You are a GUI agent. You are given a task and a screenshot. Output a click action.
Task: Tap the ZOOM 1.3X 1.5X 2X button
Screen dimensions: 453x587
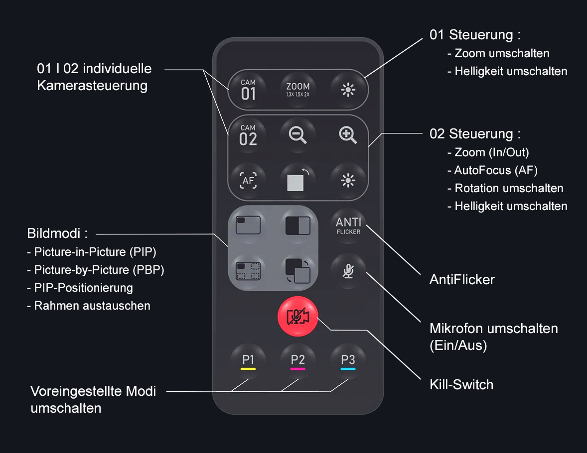tap(298, 90)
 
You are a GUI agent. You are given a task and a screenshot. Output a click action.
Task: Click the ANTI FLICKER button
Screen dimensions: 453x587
tap(348, 225)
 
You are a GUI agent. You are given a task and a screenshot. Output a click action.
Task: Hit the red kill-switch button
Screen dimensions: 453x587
tap(297, 317)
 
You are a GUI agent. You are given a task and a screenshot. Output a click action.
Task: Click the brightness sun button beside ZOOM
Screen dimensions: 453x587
tap(348, 90)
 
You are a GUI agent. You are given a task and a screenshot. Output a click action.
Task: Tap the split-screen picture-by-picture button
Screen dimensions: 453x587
tap(297, 226)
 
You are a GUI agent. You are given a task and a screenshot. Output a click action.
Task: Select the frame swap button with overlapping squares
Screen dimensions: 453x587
tap(297, 270)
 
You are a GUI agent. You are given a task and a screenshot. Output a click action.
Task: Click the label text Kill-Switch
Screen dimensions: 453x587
tap(461, 384)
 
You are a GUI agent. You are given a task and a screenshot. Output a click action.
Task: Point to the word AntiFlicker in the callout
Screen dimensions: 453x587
tap(462, 279)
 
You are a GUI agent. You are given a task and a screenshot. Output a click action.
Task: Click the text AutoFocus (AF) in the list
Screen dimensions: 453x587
tap(496, 170)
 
